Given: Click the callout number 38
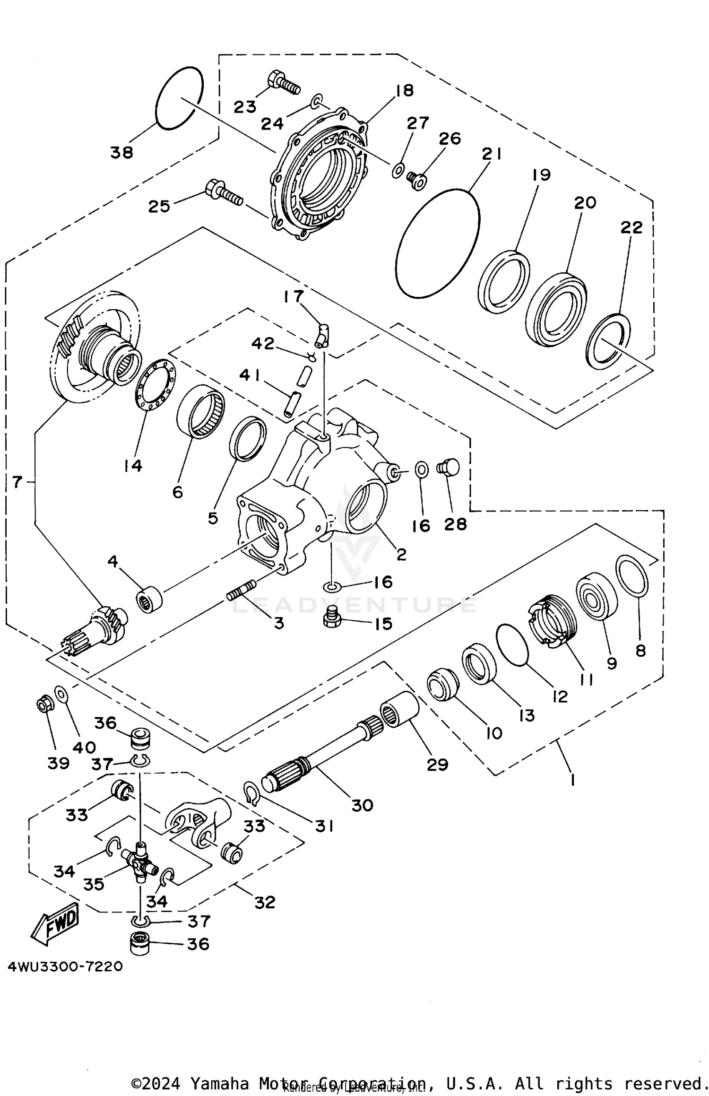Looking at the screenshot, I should [121, 153].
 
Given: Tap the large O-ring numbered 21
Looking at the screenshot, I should [437, 244].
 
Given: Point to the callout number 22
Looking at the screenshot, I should [631, 227].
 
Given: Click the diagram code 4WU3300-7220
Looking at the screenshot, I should [65, 966].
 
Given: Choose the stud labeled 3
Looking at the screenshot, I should [241, 590].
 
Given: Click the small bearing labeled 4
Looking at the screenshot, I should [149, 600].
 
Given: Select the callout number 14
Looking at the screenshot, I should [133, 466].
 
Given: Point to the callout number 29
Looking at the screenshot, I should [437, 765].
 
